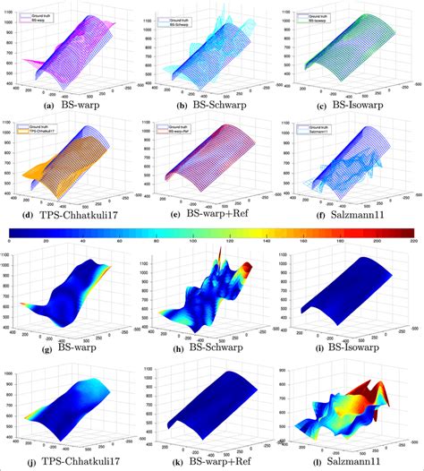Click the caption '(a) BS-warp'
point(75,106)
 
